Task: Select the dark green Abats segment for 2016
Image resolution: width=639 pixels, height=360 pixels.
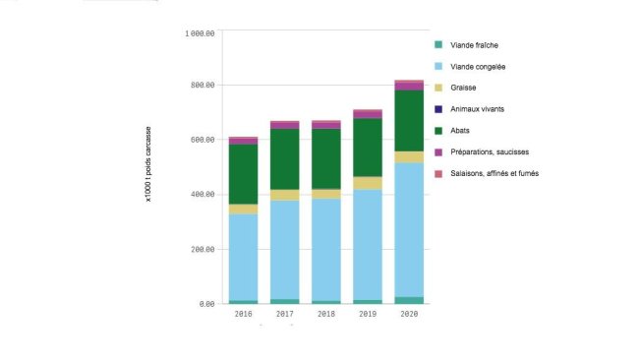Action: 243,174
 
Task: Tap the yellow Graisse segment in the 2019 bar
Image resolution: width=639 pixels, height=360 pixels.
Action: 368,183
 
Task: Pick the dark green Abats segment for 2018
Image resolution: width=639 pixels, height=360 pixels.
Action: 326,158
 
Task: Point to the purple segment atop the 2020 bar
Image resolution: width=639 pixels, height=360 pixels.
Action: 409,86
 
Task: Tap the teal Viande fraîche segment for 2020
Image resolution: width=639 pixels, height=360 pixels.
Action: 409,300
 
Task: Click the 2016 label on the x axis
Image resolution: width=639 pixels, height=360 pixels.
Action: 243,315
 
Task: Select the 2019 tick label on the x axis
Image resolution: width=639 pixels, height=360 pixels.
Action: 368,315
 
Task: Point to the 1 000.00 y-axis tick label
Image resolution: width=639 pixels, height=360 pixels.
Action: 200,33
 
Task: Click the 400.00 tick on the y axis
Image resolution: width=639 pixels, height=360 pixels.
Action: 203,195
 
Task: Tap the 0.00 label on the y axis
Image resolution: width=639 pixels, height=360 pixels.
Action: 206,304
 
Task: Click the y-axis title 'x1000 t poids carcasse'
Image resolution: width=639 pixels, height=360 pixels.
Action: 148,168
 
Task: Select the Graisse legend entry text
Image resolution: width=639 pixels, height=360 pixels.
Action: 464,88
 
